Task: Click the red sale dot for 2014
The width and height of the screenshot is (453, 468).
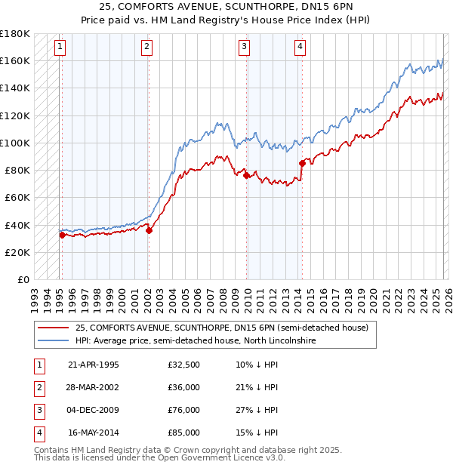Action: coord(302,163)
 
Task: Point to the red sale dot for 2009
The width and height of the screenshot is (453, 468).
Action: coord(247,175)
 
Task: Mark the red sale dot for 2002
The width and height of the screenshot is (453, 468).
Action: coord(149,230)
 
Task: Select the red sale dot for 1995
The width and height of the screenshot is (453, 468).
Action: coord(62,235)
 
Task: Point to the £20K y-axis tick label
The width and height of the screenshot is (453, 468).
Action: coord(18,252)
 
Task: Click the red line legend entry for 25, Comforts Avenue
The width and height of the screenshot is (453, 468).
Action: coord(221,328)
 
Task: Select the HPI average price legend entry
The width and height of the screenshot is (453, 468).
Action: coord(195,341)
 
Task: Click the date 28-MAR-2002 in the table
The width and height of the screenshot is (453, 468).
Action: coord(94,387)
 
